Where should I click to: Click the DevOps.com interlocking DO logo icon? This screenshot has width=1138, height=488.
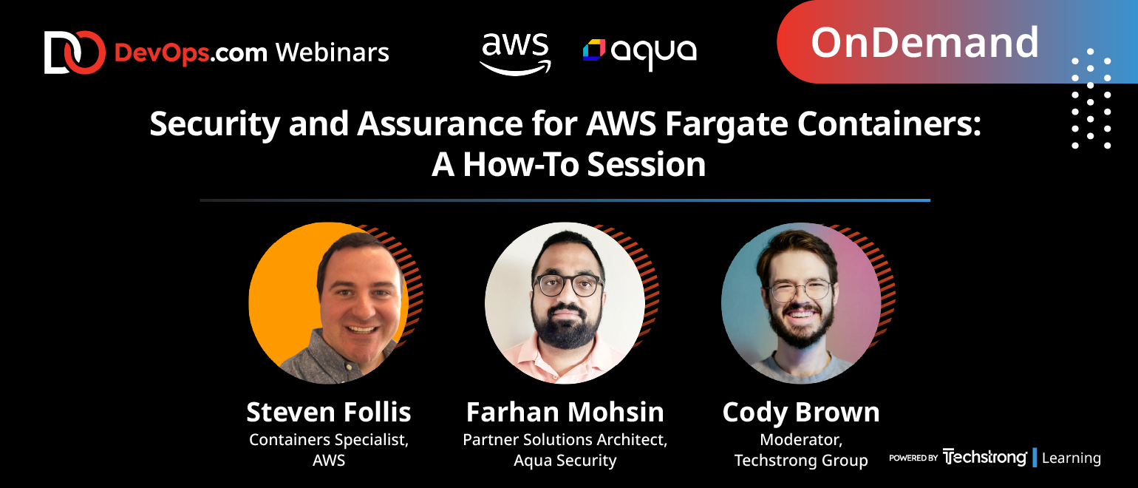click(74, 52)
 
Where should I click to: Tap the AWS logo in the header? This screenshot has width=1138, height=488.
click(516, 55)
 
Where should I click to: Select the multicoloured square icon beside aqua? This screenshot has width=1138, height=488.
click(594, 50)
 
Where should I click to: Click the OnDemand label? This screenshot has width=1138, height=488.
click(924, 43)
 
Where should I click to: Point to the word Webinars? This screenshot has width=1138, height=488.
click(333, 52)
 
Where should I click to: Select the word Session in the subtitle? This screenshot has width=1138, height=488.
click(646, 165)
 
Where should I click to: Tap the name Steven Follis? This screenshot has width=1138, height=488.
click(329, 412)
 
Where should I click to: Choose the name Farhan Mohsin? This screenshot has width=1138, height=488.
click(565, 412)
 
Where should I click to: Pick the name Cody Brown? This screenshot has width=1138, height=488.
click(801, 413)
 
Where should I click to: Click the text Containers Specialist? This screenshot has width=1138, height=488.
click(327, 440)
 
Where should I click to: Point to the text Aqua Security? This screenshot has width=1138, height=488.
click(565, 461)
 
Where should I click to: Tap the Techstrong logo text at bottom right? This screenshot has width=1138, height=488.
click(984, 458)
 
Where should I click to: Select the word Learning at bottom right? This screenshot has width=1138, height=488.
click(1071, 458)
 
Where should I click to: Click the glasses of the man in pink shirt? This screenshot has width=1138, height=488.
click(569, 285)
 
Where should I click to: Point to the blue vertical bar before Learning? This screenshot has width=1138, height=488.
click(1035, 458)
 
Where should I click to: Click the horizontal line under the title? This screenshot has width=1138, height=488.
click(565, 200)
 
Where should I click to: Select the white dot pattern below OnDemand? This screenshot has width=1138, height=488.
click(1091, 98)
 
